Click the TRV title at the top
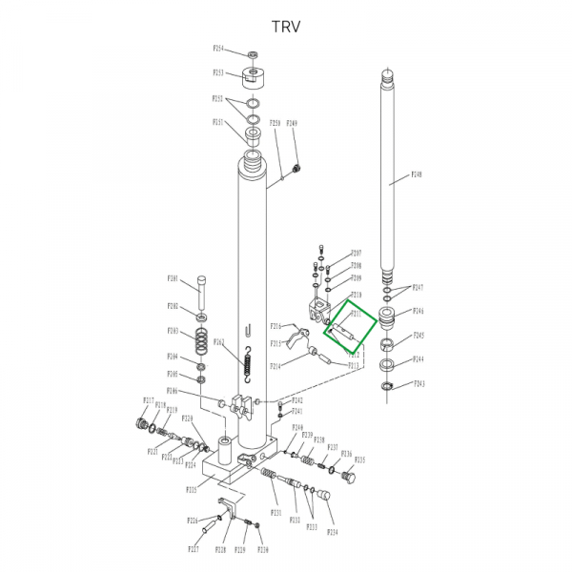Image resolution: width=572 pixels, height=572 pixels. [x=285, y=26]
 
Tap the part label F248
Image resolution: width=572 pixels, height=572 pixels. [x=417, y=175]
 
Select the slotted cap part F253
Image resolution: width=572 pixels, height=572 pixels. [x=253, y=76]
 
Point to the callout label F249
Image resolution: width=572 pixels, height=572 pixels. [x=292, y=123]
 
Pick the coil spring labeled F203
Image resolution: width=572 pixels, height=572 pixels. [x=202, y=340]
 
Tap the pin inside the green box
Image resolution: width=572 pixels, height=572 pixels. [x=343, y=329]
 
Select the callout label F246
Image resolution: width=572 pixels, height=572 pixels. [x=418, y=311]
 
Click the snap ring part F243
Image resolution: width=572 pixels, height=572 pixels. [x=387, y=386]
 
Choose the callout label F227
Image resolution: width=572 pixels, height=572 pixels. [x=193, y=550]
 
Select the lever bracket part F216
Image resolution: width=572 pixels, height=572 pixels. [x=296, y=336]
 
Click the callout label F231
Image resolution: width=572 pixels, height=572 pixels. [x=276, y=514]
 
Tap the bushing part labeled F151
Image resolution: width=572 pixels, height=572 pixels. [x=254, y=130]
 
